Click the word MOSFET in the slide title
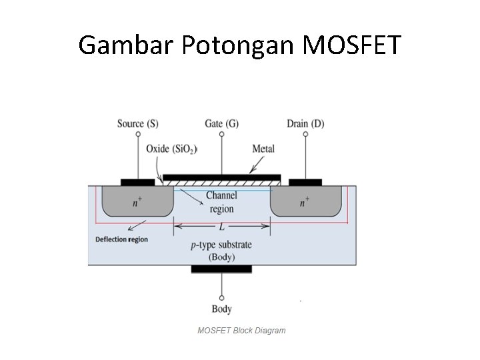pyautogui.click(x=352, y=45)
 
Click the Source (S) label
pyautogui.click(x=138, y=123)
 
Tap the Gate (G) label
pyautogui.click(x=221, y=123)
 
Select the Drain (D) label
pyautogui.click(x=305, y=123)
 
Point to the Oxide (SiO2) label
pyautogui.click(x=171, y=149)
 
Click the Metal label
pyautogui.click(x=263, y=149)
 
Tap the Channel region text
pyautogui.click(x=221, y=202)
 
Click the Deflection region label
pyautogui.click(x=121, y=239)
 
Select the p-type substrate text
pyautogui.click(x=221, y=245)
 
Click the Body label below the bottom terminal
pyautogui.click(x=221, y=309)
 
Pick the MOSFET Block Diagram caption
pyautogui.click(x=241, y=330)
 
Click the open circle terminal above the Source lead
pyautogui.click(x=138, y=134)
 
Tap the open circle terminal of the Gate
pyautogui.click(x=221, y=134)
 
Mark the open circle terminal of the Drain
pyautogui.click(x=305, y=134)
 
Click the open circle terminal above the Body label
pyautogui.click(x=221, y=297)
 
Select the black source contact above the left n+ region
pyautogui.click(x=138, y=182)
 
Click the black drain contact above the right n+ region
pyautogui.click(x=305, y=182)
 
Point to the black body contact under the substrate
pyautogui.click(x=221, y=269)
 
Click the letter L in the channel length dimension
pyautogui.click(x=221, y=227)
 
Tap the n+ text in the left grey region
pyautogui.click(x=137, y=203)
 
